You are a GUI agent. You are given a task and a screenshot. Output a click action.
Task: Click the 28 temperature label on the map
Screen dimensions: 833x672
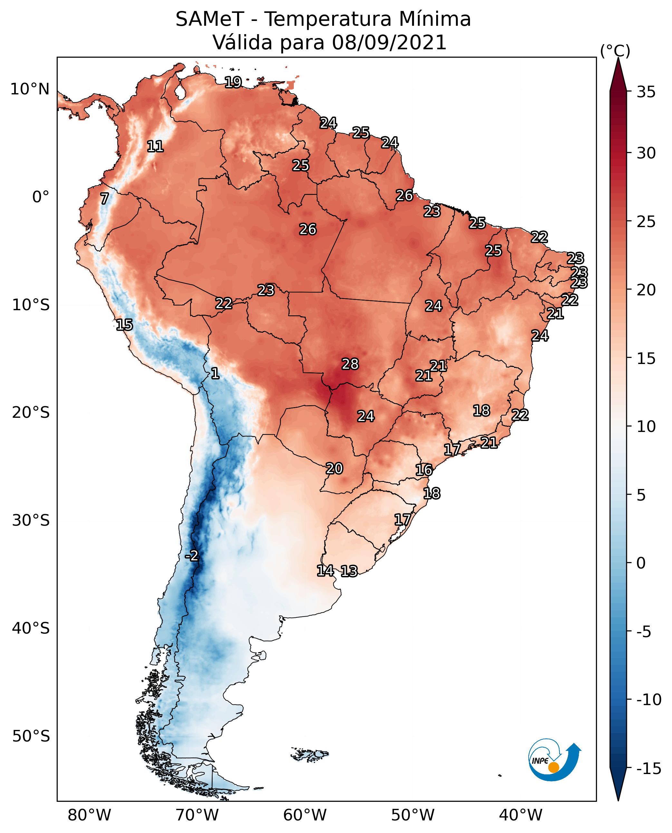coord(350,364)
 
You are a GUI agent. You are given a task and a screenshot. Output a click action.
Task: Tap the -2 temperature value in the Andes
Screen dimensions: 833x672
coord(192,556)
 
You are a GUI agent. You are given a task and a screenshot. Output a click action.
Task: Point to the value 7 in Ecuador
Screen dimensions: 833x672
coord(104,198)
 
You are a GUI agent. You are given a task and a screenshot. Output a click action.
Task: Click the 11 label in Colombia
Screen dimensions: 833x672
coord(155,146)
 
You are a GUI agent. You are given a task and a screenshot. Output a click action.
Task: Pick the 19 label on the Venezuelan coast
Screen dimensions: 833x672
coord(233,82)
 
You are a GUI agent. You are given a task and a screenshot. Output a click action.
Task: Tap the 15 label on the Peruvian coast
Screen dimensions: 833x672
coord(124,325)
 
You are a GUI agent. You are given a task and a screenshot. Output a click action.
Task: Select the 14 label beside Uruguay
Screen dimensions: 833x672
coord(325,570)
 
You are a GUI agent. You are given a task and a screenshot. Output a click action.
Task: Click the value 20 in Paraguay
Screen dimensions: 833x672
coord(334,468)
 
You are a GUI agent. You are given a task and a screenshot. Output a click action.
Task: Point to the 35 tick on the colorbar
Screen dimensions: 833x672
coord(646,92)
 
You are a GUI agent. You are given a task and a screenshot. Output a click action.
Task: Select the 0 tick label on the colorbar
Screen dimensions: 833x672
coord(641,563)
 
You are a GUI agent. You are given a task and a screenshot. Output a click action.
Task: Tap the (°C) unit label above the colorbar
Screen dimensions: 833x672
coord(615,51)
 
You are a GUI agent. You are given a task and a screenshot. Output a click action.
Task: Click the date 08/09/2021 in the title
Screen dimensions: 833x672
coord(389,42)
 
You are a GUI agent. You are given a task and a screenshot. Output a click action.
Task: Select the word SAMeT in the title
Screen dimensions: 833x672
coord(210,19)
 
